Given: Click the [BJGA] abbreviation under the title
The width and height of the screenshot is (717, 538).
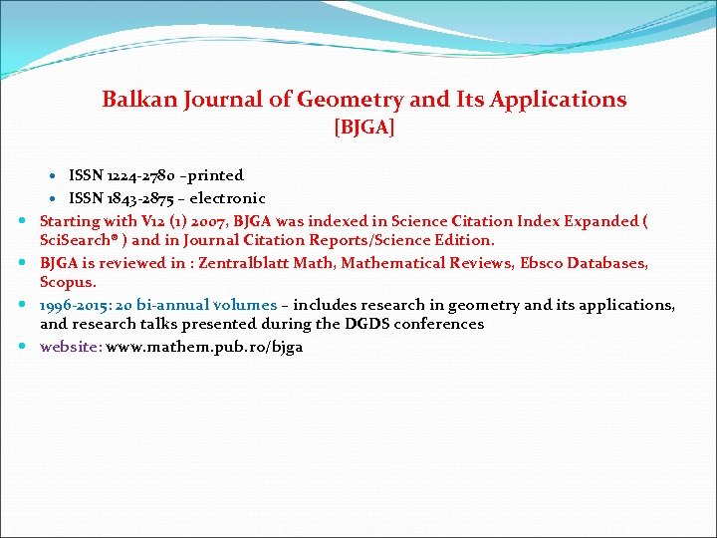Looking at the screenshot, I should click(x=364, y=128).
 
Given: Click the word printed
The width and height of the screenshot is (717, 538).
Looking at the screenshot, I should click(x=212, y=175).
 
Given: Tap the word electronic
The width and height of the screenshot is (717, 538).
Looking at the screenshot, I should click(x=229, y=198).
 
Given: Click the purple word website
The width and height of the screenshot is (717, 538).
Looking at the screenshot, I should click(x=69, y=347).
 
